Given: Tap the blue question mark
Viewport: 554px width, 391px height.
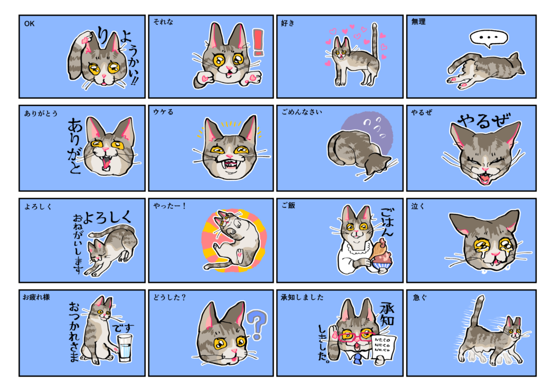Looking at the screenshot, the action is click(257, 323).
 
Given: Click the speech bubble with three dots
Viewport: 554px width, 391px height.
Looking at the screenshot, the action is click(489, 38).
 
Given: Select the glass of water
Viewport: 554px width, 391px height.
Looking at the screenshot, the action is click(124, 348).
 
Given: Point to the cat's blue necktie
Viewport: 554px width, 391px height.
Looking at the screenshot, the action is click(358, 359).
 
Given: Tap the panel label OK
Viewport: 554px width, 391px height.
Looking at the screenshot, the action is click(29, 24).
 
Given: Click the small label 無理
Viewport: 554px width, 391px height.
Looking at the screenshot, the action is click(418, 22).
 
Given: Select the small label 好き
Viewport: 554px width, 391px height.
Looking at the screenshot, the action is click(288, 23).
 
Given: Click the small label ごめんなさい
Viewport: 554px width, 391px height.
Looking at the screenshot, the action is click(302, 112).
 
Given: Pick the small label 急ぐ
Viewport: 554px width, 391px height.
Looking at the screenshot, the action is click(420, 298).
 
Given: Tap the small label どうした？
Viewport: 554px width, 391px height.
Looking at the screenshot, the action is click(169, 298).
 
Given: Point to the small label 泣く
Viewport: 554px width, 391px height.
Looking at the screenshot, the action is click(418, 206).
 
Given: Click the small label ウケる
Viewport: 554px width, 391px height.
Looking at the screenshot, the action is click(163, 112).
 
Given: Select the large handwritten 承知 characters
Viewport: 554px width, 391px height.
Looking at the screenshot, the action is click(387, 314).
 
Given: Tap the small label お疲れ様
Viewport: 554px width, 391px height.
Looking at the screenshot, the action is click(36, 297).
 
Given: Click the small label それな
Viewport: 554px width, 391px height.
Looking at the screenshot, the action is click(163, 22).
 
